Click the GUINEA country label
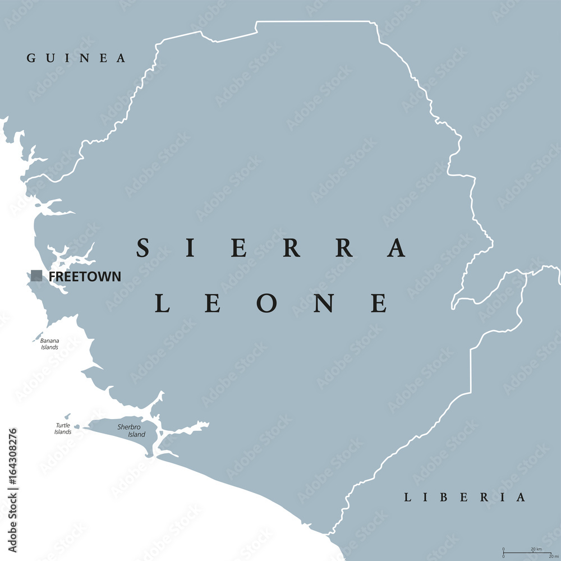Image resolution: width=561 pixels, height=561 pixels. point(76,58)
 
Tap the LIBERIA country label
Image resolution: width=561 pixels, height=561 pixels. point(465,497)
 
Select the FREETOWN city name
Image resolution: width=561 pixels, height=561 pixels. point(85,276)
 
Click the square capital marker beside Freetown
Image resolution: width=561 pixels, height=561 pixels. point(36,275)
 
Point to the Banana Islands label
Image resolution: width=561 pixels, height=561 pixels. point(50,344)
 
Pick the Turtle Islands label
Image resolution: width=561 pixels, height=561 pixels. point(63,429)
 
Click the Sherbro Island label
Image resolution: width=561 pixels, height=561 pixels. point(131,430)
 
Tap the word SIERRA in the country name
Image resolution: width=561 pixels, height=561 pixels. point(271,247)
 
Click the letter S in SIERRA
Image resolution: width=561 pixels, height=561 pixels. point(142,247)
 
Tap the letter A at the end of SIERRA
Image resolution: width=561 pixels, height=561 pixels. point(397,247)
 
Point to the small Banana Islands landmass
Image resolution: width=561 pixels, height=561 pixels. point(38,338)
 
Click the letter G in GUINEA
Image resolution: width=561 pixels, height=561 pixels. point(31,58)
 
